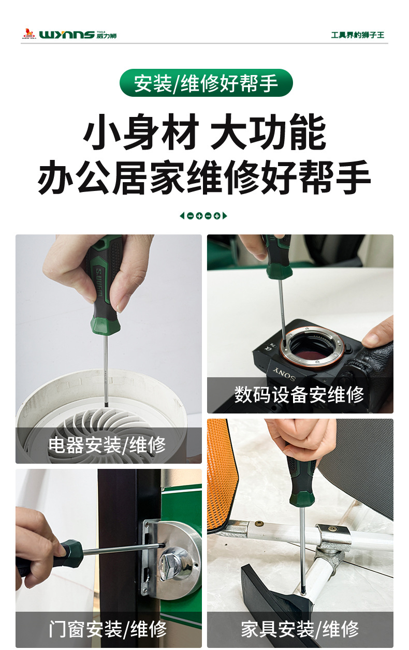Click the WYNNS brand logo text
pyautogui.click(x=67, y=35)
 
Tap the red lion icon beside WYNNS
pyautogui.click(x=29, y=34)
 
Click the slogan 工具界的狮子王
pyautogui.click(x=357, y=35)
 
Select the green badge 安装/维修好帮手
pyautogui.click(x=206, y=83)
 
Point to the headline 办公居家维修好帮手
pyautogui.click(x=204, y=177)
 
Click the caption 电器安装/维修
pyautogui.click(x=107, y=445)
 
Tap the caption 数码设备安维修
pyautogui.click(x=299, y=395)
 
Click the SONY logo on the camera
pyautogui.click(x=284, y=374)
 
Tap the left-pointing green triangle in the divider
pyautogui.click(x=182, y=216)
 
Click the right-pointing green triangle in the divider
pyautogui.click(x=225, y=216)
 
